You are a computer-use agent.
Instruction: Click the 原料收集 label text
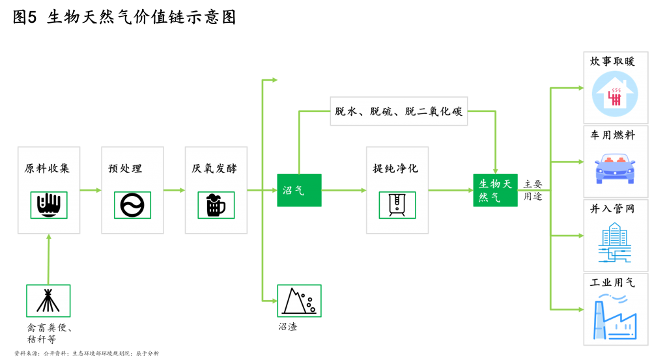tap(48, 169)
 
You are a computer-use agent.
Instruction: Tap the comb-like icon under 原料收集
tap(49, 204)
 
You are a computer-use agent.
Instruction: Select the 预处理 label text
tap(125, 169)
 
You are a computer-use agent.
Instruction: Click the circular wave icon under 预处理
tap(132, 205)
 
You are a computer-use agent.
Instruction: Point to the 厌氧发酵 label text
tap(215, 169)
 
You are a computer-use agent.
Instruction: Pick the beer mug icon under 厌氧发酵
tap(216, 205)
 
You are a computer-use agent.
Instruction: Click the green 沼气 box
tap(299, 190)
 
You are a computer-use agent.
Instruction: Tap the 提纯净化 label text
tap(395, 169)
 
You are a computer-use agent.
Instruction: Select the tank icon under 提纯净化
tap(397, 204)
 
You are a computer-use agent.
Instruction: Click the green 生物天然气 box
tap(495, 190)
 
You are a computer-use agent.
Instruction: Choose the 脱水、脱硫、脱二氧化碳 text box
tap(399, 111)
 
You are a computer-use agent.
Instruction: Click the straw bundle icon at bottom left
tap(48, 301)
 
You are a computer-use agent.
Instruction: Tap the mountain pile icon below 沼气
tap(299, 301)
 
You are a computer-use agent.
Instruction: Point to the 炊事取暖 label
tap(612, 62)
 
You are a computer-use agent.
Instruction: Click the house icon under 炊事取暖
tap(614, 95)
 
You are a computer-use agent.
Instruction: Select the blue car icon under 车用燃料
tap(614, 168)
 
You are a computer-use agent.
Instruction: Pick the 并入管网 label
tap(612, 209)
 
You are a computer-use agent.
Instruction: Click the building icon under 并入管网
tap(614, 242)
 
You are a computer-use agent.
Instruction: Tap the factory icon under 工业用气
tap(614, 317)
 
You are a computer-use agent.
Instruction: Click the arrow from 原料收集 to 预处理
tap(91, 190)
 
